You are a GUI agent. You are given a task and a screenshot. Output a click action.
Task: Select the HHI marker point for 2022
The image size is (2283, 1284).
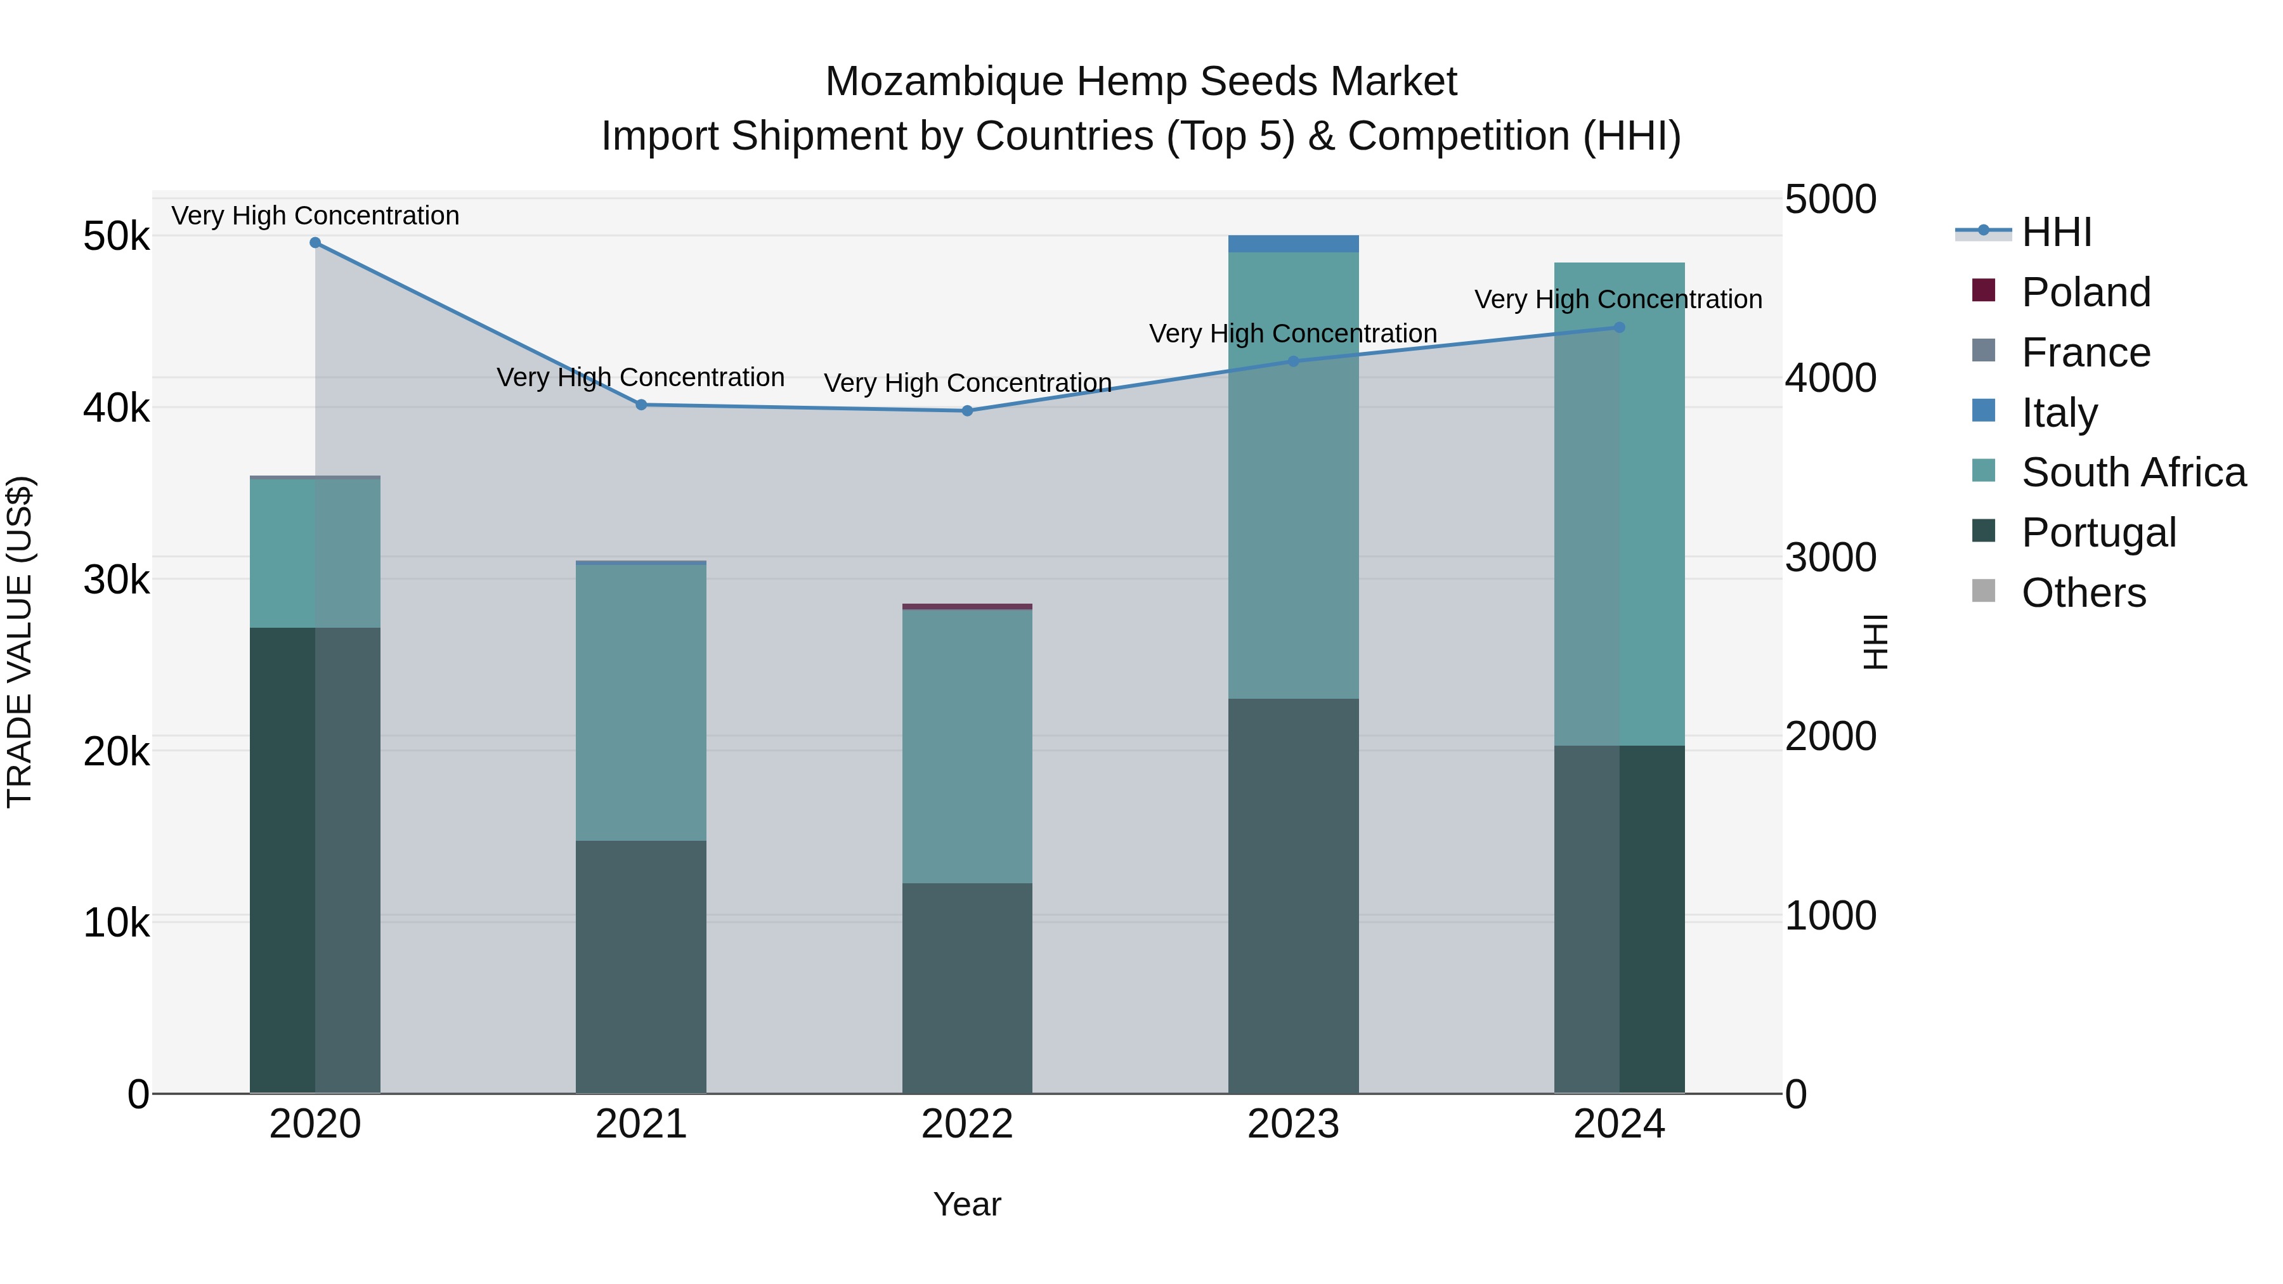pyautogui.click(x=967, y=410)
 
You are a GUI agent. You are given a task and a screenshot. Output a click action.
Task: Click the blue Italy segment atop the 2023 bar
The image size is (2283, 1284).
pyautogui.click(x=1293, y=243)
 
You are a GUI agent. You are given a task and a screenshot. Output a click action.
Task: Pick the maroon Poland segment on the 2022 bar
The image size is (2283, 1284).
pyautogui.click(x=967, y=607)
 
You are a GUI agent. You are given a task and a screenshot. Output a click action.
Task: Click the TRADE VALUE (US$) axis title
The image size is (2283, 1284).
pyautogui.click(x=20, y=642)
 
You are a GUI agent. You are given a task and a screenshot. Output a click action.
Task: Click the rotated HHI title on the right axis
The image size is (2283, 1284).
pyautogui.click(x=1875, y=642)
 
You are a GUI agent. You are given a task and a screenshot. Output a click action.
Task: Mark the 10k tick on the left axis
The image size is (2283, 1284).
pyautogui.click(x=116, y=923)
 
